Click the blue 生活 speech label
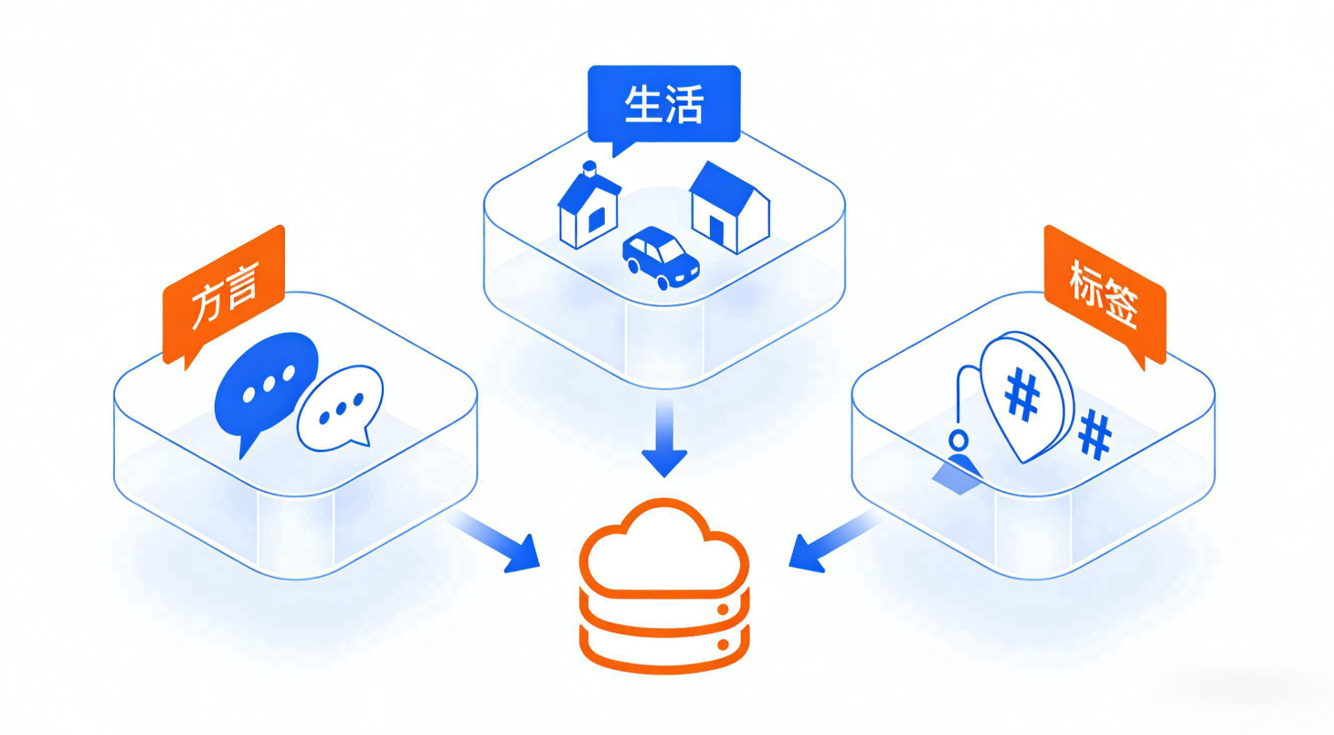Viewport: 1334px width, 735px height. point(663,105)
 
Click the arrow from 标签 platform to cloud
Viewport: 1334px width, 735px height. point(830,543)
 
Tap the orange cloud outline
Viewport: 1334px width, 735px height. point(664,546)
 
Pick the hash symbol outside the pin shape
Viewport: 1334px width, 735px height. point(1094,434)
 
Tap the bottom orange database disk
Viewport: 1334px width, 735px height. point(664,650)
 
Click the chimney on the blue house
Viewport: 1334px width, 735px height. point(589,168)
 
